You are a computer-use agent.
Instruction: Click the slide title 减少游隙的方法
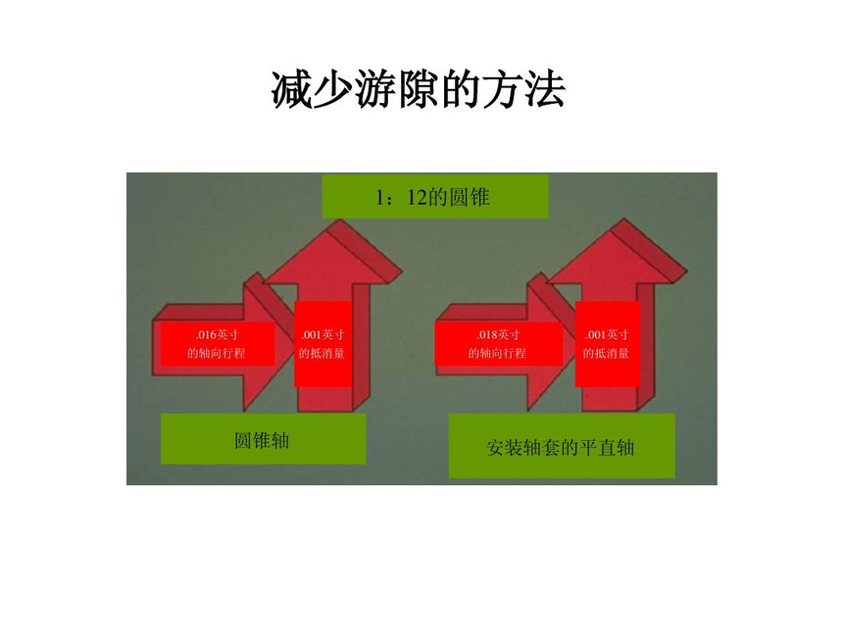(419, 90)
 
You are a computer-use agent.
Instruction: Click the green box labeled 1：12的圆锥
(435, 196)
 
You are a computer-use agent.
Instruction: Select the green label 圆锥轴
(263, 439)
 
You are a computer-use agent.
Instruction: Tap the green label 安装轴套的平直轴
(562, 446)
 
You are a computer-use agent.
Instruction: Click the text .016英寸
(217, 335)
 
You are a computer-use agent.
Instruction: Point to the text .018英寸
(498, 335)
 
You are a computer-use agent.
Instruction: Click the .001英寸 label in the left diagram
(322, 335)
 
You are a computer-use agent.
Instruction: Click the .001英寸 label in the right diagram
(607, 335)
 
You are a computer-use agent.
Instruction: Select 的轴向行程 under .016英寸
(216, 353)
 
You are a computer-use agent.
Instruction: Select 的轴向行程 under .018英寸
(497, 353)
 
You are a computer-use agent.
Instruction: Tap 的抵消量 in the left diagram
(322, 353)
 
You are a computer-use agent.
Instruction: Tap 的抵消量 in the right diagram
(607, 353)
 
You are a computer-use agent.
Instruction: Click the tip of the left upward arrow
(341, 219)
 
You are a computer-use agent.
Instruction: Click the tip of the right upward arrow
(623, 219)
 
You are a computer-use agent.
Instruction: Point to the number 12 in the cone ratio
(417, 197)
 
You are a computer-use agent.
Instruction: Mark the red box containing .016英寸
(218, 344)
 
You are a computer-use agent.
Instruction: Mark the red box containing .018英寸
(499, 344)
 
